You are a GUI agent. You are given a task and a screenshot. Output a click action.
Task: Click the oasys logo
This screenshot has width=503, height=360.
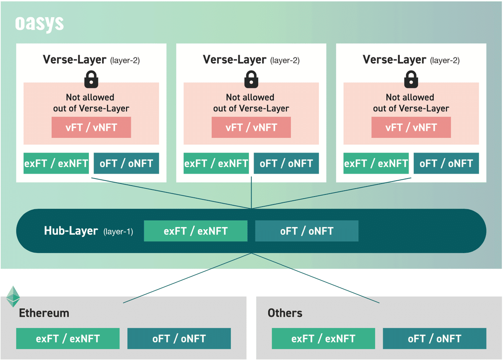pyautogui.click(x=39, y=24)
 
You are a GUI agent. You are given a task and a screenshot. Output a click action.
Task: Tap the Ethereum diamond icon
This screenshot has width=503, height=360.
pyautogui.click(x=13, y=296)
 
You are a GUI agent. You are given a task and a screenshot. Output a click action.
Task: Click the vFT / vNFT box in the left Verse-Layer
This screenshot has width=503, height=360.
pyautogui.click(x=91, y=127)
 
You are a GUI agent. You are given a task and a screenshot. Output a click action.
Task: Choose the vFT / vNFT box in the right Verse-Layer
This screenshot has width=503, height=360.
pyautogui.click(x=411, y=127)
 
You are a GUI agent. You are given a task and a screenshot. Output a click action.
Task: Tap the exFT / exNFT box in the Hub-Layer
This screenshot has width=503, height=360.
pyautogui.click(x=195, y=231)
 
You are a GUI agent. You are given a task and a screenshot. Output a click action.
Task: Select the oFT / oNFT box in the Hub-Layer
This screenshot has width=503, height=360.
pyautogui.click(x=306, y=231)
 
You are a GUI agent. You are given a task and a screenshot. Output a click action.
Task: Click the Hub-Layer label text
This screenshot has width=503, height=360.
pyautogui.click(x=71, y=231)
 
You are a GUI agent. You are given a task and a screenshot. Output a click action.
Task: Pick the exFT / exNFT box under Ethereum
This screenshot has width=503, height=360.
pyautogui.click(x=67, y=339)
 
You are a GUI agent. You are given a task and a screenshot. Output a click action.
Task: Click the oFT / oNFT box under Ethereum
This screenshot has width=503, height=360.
pyautogui.click(x=179, y=339)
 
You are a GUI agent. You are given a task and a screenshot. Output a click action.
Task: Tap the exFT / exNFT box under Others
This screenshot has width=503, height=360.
pyautogui.click(x=323, y=339)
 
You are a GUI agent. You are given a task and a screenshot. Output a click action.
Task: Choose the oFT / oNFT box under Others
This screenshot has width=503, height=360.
pyautogui.click(x=434, y=339)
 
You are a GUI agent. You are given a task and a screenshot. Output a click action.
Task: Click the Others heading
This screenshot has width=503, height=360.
pyautogui.click(x=285, y=313)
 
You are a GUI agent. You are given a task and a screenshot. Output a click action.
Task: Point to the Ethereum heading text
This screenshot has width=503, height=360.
pyautogui.click(x=44, y=313)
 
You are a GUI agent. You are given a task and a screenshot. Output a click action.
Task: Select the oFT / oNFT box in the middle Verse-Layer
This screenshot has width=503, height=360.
pyautogui.click(x=286, y=163)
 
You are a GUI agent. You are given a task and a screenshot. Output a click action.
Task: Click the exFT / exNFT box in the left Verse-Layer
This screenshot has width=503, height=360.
pyautogui.click(x=56, y=163)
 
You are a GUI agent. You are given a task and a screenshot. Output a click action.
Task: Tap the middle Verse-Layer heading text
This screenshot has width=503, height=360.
pyautogui.click(x=234, y=60)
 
